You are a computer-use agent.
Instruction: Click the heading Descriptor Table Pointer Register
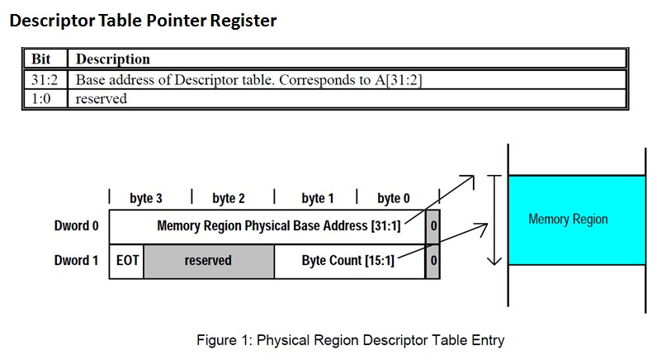(143, 21)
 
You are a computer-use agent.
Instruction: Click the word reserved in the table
(101, 98)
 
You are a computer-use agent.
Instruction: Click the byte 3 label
(146, 198)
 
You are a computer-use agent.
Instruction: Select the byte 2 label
(229, 198)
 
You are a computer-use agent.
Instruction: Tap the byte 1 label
(318, 198)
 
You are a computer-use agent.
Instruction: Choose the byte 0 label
(394, 198)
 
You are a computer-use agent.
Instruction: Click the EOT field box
(126, 260)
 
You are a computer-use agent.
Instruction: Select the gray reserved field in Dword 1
(208, 260)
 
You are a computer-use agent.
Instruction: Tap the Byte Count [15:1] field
(347, 260)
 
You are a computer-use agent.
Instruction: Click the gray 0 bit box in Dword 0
(433, 226)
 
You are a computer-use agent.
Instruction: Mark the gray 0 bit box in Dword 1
(433, 260)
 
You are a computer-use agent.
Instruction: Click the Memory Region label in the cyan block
(568, 220)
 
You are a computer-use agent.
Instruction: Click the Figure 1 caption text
(349, 340)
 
